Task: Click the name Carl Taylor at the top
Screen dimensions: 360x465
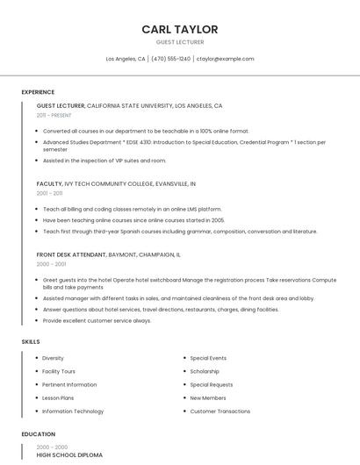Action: click(x=180, y=30)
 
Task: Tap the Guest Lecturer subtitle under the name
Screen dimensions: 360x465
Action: click(x=180, y=42)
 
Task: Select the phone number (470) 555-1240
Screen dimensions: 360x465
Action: click(x=170, y=59)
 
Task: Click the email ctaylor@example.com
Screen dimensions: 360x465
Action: click(x=225, y=59)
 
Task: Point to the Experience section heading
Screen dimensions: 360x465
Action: click(x=38, y=92)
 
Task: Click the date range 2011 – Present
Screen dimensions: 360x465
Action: click(x=54, y=115)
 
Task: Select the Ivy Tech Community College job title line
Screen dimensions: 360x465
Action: click(x=116, y=184)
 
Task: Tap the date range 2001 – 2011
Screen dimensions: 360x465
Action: click(x=49, y=193)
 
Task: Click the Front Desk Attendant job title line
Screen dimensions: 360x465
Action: click(x=108, y=254)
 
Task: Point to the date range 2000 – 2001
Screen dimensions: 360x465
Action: click(x=51, y=263)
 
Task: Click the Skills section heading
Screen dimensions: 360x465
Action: click(x=31, y=340)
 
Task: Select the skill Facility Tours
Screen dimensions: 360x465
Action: click(x=59, y=371)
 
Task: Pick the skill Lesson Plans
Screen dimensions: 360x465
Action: click(x=58, y=397)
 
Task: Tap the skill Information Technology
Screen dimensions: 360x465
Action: click(x=73, y=411)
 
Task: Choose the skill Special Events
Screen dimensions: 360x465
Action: click(x=208, y=358)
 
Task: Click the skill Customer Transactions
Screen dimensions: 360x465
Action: click(x=220, y=411)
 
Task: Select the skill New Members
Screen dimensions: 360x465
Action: click(x=208, y=397)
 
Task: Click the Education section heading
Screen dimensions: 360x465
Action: click(x=38, y=434)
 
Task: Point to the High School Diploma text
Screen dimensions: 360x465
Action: click(x=69, y=455)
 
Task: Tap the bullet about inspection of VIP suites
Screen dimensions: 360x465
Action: click(x=104, y=161)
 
